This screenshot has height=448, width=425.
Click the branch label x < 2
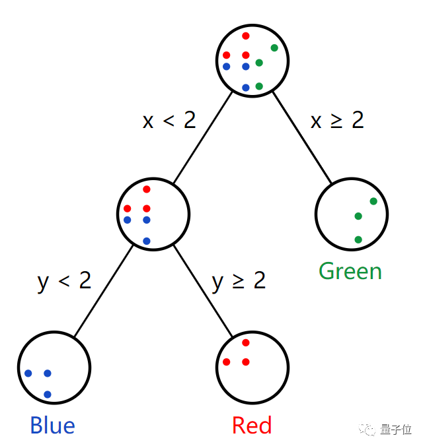(169, 120)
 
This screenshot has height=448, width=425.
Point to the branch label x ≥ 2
(337, 120)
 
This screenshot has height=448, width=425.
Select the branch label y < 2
(65, 281)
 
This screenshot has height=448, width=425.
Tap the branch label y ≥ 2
(239, 281)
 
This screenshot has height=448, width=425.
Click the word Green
(350, 271)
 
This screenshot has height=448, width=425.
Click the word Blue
(53, 426)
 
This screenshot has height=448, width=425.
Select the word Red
(252, 426)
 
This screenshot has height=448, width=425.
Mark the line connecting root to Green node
(301, 137)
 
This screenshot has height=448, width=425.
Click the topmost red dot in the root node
(246, 36)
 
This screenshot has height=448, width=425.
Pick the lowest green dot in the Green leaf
(358, 240)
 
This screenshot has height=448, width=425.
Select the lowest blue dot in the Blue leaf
(48, 395)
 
